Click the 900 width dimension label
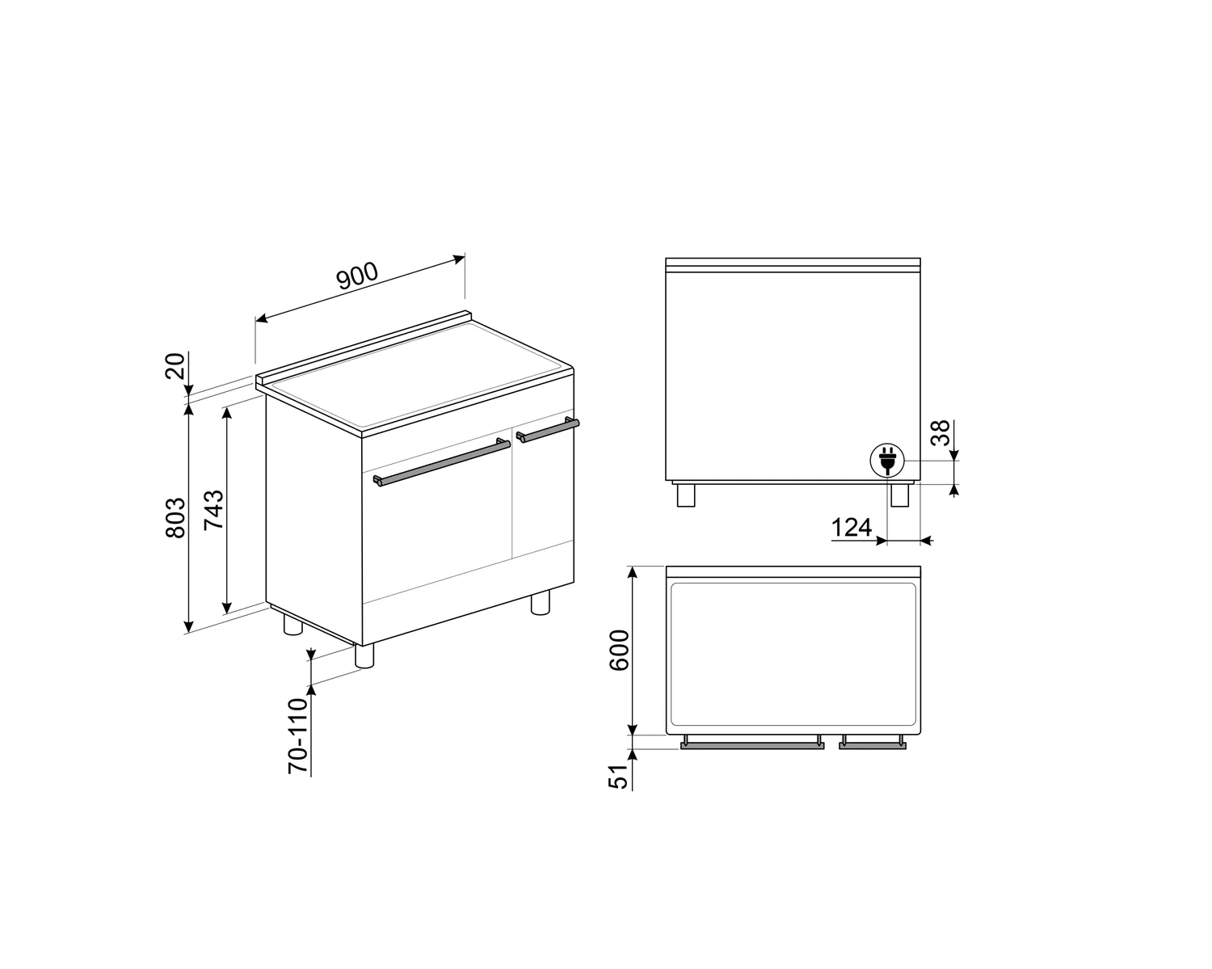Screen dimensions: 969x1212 [356, 276]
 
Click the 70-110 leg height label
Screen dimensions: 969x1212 [299, 735]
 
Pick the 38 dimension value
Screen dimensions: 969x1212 [940, 433]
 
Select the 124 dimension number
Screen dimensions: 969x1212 [852, 528]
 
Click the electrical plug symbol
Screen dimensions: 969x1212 [886, 461]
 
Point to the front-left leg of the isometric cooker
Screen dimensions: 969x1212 [365, 655]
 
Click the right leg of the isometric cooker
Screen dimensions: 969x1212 [540, 603]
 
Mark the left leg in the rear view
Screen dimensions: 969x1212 [685, 495]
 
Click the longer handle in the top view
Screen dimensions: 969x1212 [752, 746]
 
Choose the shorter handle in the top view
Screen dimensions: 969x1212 [872, 746]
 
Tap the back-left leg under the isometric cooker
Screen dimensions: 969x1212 [292, 625]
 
